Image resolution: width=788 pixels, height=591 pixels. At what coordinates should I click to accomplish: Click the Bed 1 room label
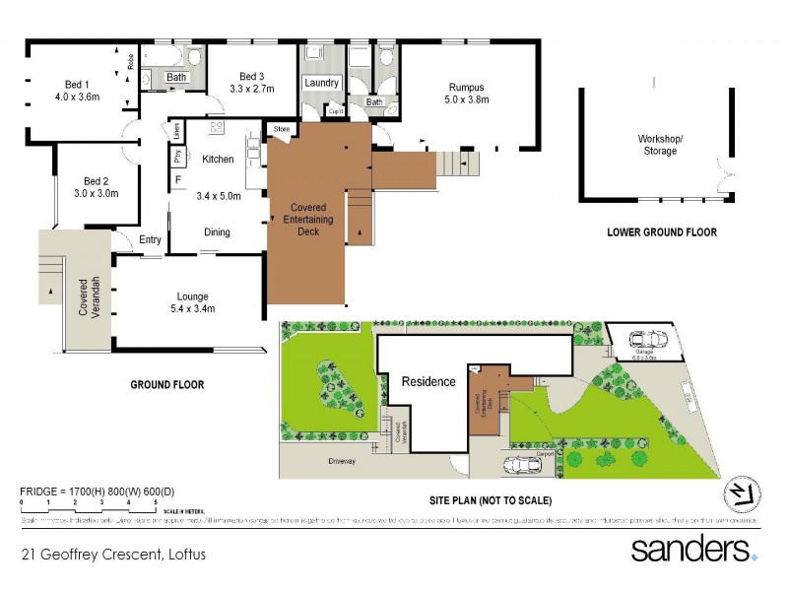[77, 84]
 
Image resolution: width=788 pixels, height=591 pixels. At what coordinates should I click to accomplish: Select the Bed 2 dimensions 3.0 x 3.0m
[95, 193]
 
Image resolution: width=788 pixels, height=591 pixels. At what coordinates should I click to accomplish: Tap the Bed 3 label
[252, 77]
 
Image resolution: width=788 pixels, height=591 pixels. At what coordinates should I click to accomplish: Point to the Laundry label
[321, 83]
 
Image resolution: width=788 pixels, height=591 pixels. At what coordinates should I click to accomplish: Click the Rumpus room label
[466, 87]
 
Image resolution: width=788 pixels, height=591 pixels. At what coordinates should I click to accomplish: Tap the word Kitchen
[218, 159]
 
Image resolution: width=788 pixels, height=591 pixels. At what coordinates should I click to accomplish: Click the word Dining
[217, 232]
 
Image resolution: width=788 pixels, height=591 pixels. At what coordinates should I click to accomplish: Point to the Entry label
[151, 239]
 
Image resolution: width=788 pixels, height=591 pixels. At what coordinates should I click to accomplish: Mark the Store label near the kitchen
[282, 128]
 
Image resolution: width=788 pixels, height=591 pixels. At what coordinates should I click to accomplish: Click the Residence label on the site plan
[428, 381]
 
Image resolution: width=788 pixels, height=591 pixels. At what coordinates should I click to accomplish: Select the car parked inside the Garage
[650, 340]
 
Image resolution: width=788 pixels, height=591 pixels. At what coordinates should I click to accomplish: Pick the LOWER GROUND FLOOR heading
[662, 232]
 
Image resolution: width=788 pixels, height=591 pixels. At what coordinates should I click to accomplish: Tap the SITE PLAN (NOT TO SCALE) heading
[490, 500]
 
